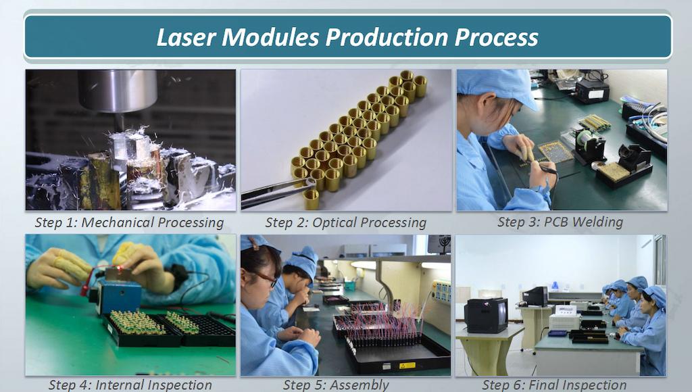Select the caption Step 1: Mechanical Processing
pyautogui.click(x=129, y=222)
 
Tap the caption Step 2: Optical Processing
pyautogui.click(x=345, y=222)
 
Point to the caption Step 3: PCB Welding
pyautogui.click(x=560, y=222)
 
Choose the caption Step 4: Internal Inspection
pyautogui.click(x=130, y=385)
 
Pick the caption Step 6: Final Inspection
pyautogui.click(x=554, y=385)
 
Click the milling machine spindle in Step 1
pyautogui.click(x=118, y=91)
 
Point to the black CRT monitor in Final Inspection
pyautogui.click(x=486, y=314)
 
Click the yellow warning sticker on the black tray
pyautogui.click(x=407, y=365)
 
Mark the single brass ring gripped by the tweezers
pyautogui.click(x=311, y=198)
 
